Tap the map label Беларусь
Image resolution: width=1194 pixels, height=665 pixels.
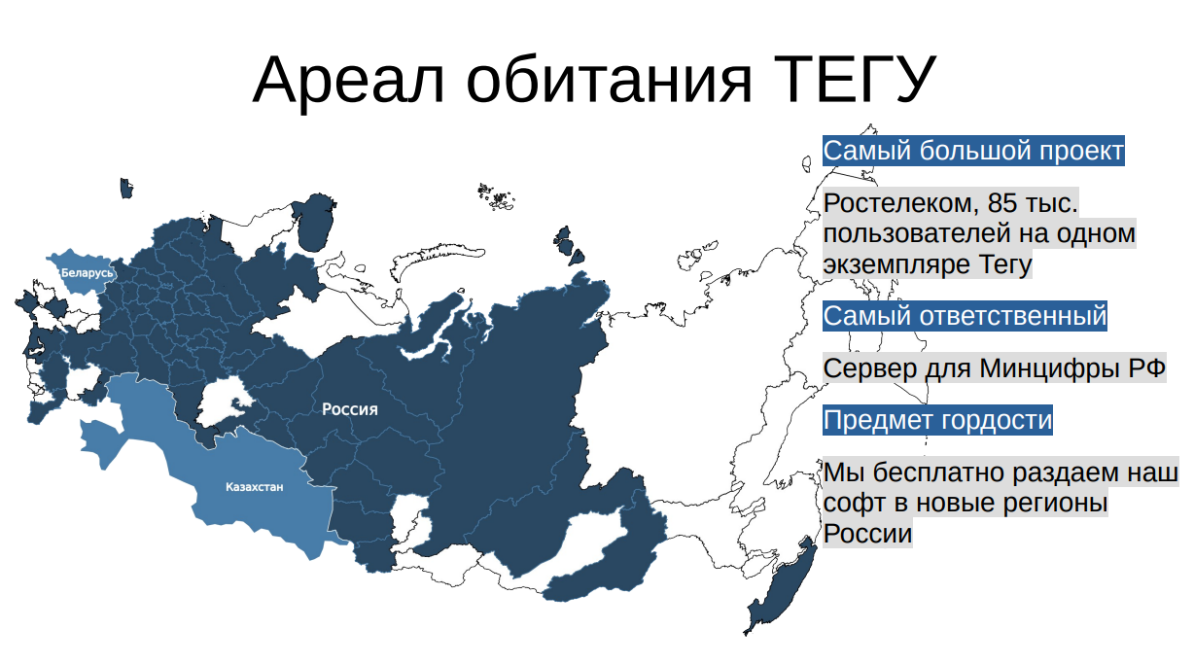click(x=88, y=273)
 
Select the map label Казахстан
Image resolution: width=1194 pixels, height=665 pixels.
click(x=254, y=487)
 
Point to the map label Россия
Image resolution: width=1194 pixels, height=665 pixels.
click(x=350, y=410)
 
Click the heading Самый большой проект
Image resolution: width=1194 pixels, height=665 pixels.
click(x=973, y=152)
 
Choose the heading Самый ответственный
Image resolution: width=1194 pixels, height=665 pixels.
click(x=965, y=316)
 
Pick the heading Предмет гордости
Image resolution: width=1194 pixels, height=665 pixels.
click(x=937, y=421)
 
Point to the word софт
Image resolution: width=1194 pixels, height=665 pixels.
click(x=853, y=505)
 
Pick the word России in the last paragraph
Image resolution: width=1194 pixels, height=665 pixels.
click(x=867, y=534)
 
